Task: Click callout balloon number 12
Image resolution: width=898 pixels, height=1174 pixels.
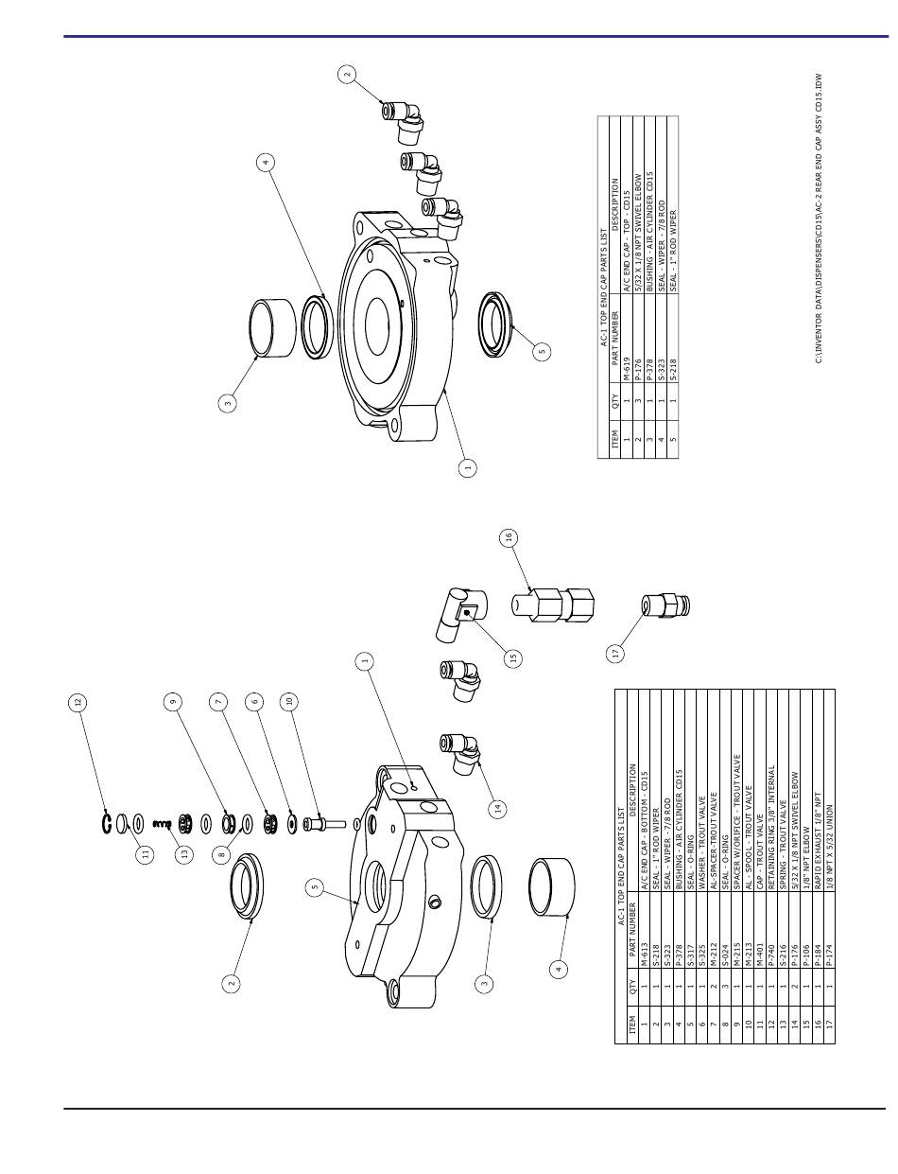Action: [x=78, y=702]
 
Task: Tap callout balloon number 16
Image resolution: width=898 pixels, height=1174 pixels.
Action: [x=509, y=537]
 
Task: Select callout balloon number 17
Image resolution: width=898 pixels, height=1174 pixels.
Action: [x=615, y=653]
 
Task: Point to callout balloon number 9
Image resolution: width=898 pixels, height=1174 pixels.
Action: [x=173, y=702]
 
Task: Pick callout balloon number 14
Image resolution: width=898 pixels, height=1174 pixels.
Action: [x=497, y=808]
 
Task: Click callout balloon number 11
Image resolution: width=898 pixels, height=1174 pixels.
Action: [x=145, y=854]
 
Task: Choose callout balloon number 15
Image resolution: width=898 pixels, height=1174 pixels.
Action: [x=512, y=657]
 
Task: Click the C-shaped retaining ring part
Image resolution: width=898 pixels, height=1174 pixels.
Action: [x=107, y=822]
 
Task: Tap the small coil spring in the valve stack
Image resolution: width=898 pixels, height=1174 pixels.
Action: [x=162, y=823]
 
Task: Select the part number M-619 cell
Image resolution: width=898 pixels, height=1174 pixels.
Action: [x=627, y=369]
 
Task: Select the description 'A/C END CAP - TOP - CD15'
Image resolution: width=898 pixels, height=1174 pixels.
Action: [x=627, y=241]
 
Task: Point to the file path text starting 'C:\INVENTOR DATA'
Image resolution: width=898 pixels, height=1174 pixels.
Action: [x=819, y=219]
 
